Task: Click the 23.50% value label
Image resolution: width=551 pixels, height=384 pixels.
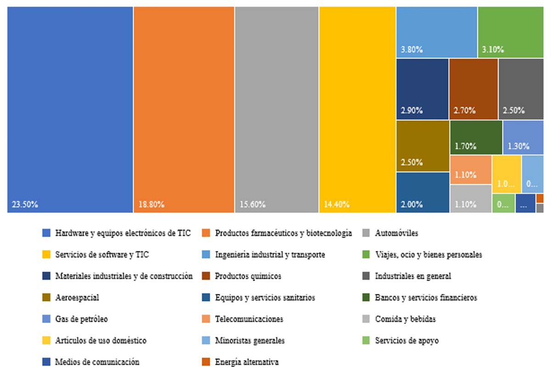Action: (25, 205)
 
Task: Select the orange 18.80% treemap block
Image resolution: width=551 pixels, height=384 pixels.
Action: (184, 110)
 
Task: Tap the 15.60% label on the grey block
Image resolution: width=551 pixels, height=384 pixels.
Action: (252, 205)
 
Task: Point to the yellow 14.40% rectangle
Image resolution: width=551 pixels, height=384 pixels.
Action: (357, 110)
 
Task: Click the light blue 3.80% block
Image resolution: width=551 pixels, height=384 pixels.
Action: (436, 32)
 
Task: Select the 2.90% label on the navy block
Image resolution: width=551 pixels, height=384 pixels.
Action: (411, 111)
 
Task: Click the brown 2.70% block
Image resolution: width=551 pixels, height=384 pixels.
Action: (473, 89)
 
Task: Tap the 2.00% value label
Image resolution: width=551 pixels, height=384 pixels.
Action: (411, 205)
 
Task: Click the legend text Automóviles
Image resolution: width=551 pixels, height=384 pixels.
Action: (396, 233)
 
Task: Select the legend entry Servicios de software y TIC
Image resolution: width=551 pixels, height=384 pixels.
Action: (102, 255)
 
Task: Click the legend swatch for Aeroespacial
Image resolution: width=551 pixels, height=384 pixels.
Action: (46, 298)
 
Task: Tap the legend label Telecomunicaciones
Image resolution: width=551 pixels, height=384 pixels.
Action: (249, 319)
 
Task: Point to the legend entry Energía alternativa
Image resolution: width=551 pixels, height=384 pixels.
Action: (247, 362)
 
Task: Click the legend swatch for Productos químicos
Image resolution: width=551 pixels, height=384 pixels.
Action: (206, 276)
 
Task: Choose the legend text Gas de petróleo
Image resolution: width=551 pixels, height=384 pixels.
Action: (81, 319)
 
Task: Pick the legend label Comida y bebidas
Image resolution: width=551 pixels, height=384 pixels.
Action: (405, 319)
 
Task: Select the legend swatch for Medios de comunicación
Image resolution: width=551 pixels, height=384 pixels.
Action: (46, 362)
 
